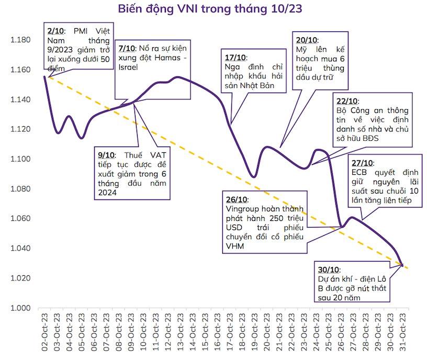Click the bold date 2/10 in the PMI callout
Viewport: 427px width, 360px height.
tap(56, 30)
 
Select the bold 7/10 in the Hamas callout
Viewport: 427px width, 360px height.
tap(126, 47)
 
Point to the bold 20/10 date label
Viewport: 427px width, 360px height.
tap(306, 40)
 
